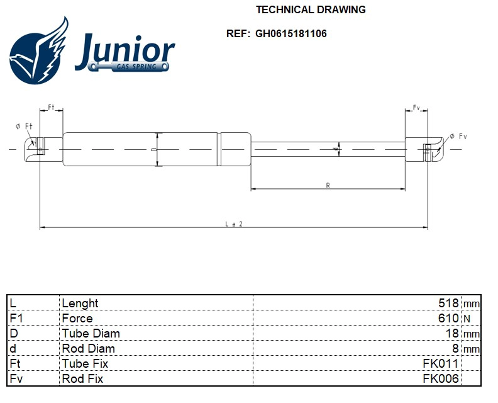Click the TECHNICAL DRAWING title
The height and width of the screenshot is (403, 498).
coord(311,9)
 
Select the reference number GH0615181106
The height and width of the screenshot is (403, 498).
coord(290,33)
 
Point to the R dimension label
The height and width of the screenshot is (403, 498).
coord(328,184)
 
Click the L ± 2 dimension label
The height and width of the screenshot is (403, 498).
coord(234,223)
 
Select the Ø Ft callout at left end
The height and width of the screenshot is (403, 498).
coord(24,126)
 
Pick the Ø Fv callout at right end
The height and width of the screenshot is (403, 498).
coord(458,137)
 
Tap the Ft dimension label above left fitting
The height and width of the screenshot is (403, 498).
coord(52,108)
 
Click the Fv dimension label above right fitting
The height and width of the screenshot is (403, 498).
coord(416,108)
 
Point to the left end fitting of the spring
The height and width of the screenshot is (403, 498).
coord(38,149)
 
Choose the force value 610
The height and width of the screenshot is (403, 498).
coord(449,319)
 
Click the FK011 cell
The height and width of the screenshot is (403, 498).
coord(441,364)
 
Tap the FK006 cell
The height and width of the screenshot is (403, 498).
coord(441,379)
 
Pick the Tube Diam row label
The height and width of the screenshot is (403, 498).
coord(91,334)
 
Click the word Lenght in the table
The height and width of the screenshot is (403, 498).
coord(80,304)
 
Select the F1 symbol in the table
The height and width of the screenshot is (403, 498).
coord(17,319)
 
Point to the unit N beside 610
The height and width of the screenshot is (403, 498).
coord(467,319)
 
